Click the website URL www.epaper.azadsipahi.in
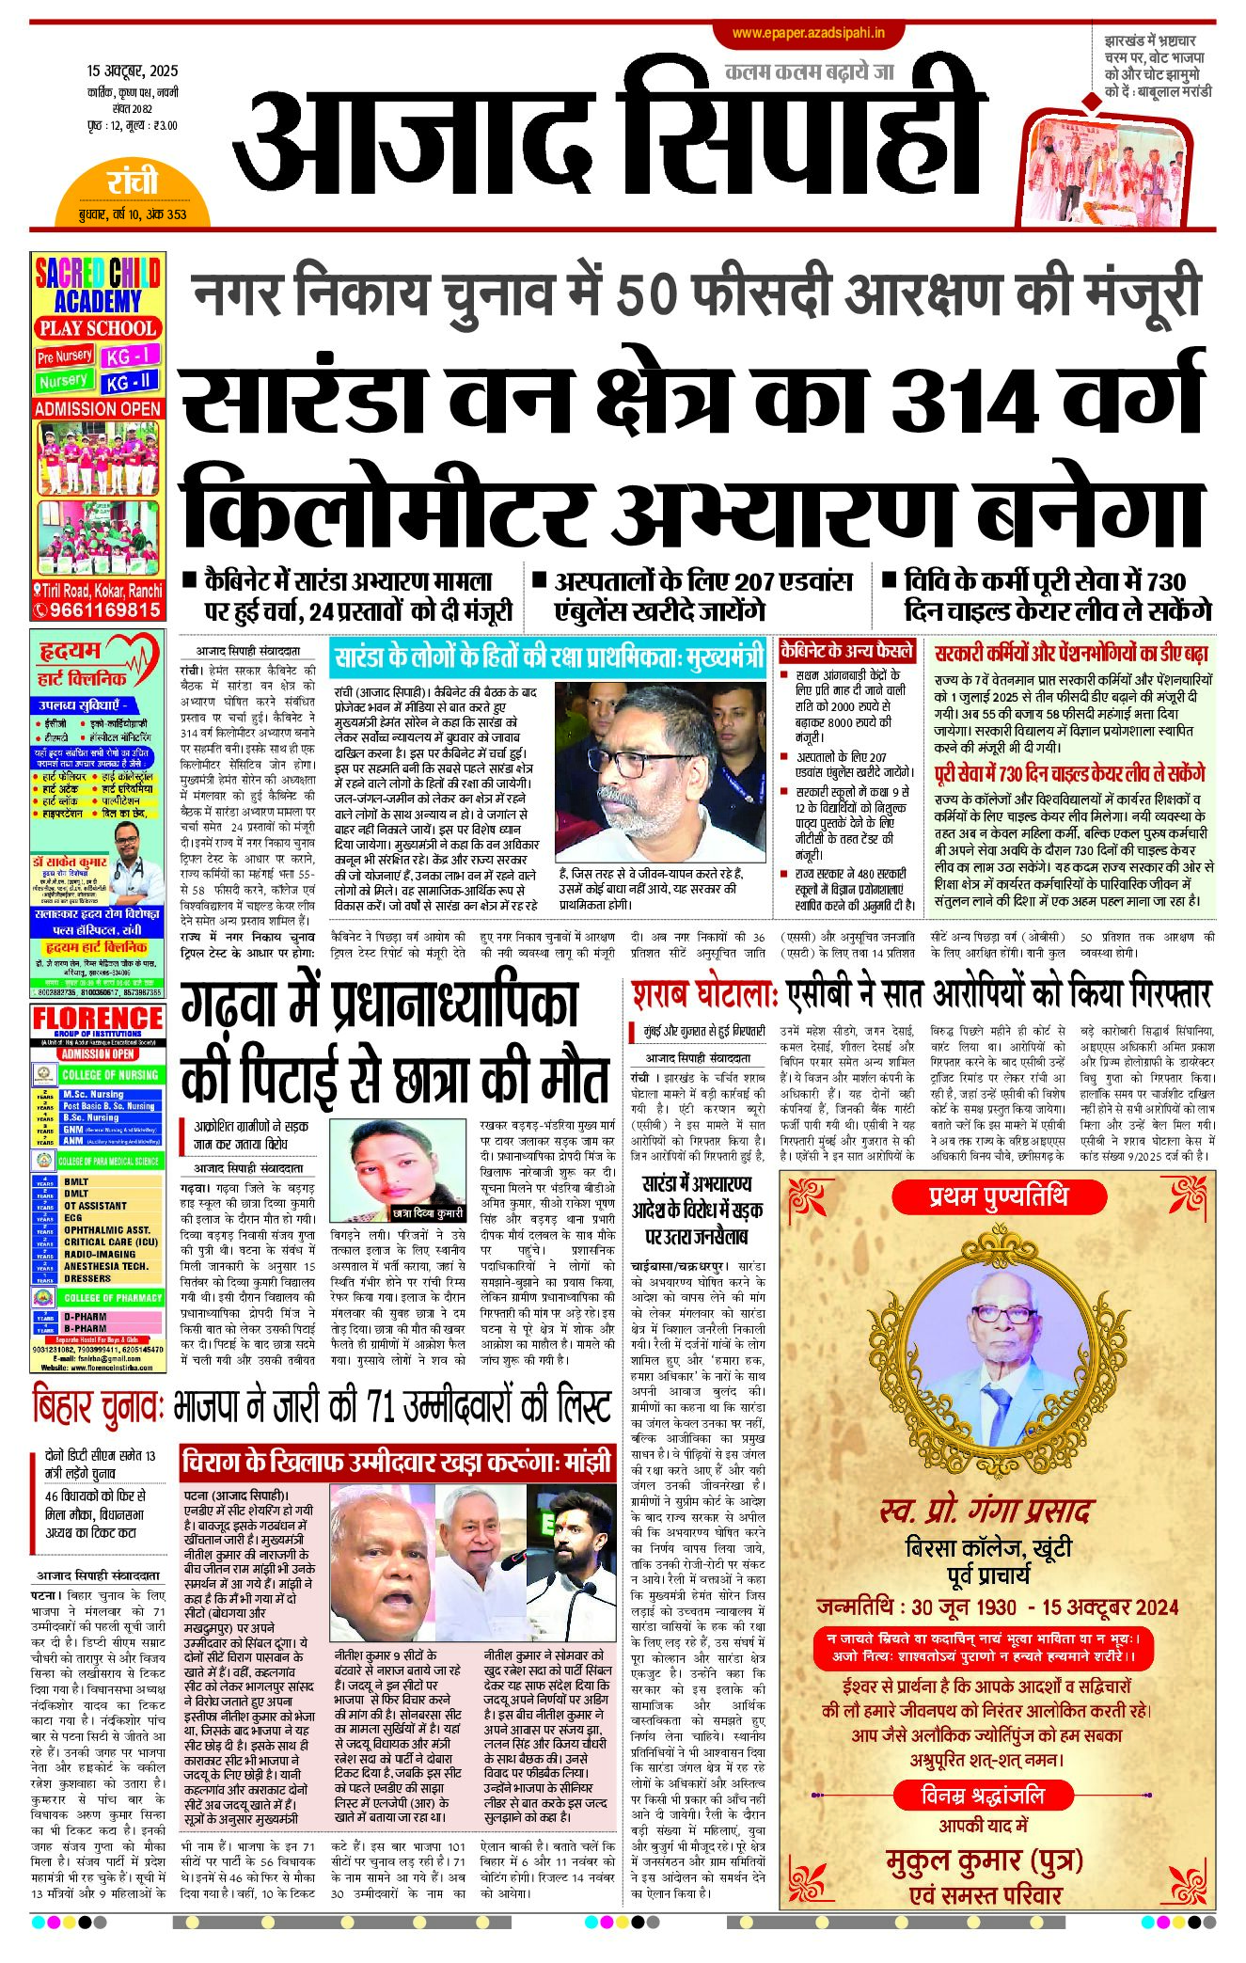click(x=808, y=34)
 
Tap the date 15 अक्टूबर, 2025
click(x=132, y=71)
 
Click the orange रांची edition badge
click(x=133, y=182)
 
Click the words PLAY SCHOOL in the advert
click(x=98, y=328)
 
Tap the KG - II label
click(x=131, y=383)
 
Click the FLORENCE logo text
click(x=98, y=1018)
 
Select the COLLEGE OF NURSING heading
click(x=110, y=1074)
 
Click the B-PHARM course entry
click(x=85, y=1329)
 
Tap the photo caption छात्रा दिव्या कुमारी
click(x=428, y=1212)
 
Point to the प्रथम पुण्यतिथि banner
click(x=998, y=1196)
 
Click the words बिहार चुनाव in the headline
click(x=99, y=1407)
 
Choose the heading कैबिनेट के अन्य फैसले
click(x=846, y=651)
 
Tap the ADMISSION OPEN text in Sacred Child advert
click(x=98, y=409)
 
